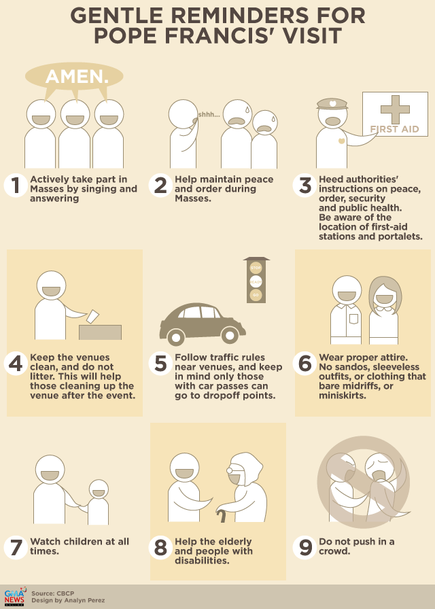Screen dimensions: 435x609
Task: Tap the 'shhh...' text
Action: coord(209,115)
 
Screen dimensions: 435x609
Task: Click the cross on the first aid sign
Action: coord(395,109)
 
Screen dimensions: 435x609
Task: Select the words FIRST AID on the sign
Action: coord(394,129)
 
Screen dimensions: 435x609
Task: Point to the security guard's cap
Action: coord(332,103)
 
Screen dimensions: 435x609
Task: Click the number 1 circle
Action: coord(16,186)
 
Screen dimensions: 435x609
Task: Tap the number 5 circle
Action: coord(160,364)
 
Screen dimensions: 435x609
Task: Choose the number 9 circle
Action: coord(305,548)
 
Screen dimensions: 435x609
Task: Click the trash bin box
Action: coord(100,332)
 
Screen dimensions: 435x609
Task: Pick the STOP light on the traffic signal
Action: coord(256,268)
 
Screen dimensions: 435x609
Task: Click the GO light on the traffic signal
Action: coord(256,295)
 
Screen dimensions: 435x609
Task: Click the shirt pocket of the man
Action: coord(353,319)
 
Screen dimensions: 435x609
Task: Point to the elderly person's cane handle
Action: coord(222,513)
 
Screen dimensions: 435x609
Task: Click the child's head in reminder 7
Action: coord(99,489)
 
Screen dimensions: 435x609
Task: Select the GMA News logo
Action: coord(15,597)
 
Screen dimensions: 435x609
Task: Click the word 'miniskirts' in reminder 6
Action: coord(342,396)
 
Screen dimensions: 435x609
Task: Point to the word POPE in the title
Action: coord(126,35)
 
